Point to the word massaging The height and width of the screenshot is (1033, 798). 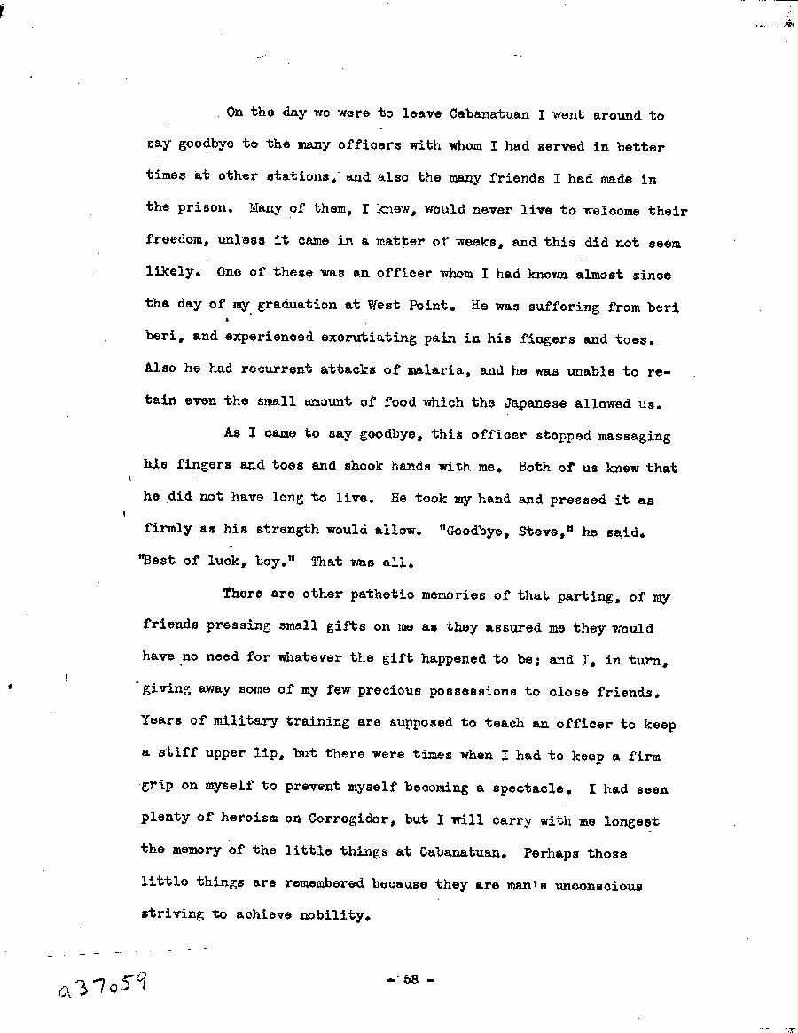pos(633,436)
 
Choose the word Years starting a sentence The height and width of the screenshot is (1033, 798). pos(161,721)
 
